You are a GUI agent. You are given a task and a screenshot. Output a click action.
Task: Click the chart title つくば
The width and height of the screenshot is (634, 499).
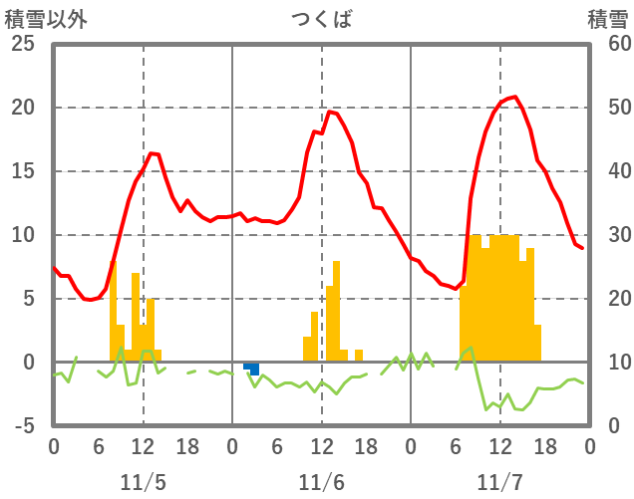point(321,18)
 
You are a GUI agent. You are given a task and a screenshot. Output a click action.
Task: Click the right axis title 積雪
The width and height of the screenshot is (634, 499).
point(606,18)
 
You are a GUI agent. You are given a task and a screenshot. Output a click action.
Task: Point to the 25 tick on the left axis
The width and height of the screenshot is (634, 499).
point(22,44)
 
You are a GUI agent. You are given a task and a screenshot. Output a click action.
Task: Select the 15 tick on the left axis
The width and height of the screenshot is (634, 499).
point(22,171)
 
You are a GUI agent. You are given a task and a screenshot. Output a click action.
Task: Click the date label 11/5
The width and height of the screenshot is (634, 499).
point(143,482)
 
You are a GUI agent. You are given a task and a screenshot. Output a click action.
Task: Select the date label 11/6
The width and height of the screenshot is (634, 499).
point(321,482)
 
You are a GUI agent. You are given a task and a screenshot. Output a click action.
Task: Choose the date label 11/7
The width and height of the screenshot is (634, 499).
point(499,482)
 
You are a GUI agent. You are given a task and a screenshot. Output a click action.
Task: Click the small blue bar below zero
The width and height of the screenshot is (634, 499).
point(254,369)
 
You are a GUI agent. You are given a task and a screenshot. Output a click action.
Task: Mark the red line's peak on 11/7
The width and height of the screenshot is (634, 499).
point(514,97)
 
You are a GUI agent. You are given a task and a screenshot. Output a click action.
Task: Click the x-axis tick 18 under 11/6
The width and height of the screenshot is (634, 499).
point(366,446)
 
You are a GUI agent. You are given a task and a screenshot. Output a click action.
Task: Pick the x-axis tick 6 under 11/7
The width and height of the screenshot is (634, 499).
point(456,446)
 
